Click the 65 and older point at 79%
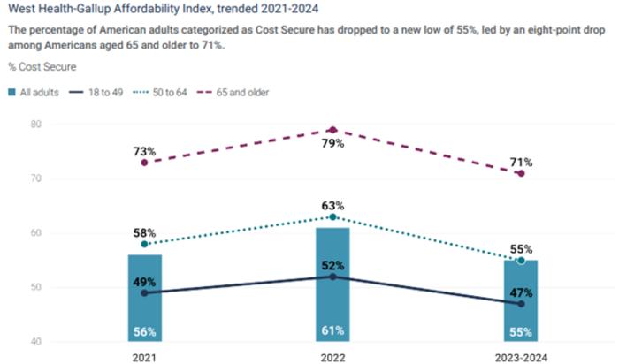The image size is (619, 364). (x=332, y=130)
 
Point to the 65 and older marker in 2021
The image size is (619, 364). (x=145, y=163)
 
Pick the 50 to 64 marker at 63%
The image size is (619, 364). (x=332, y=216)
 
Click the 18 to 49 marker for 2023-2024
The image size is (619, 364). (x=521, y=304)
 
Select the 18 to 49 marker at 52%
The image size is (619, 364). (x=332, y=277)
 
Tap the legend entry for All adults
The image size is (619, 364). (x=36, y=92)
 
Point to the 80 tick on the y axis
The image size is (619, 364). (x=35, y=125)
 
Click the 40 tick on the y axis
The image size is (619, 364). (x=35, y=342)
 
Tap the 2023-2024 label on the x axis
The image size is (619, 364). (x=521, y=356)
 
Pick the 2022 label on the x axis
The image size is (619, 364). (x=332, y=356)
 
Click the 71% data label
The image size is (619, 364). (x=521, y=163)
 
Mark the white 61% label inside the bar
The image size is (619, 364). (x=332, y=332)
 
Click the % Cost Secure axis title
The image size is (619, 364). (x=42, y=67)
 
